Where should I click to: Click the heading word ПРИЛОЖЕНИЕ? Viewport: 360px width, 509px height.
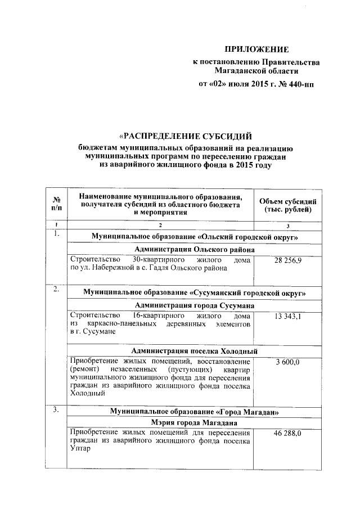point(256,49)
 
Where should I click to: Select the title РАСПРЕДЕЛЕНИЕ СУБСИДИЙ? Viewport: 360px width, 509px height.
point(185,136)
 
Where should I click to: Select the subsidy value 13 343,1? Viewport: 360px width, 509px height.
point(287,317)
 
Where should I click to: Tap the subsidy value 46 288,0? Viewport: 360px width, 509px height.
point(287,434)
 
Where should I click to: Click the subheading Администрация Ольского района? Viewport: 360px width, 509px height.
point(195,249)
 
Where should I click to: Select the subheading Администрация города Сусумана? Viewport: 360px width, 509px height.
point(195,305)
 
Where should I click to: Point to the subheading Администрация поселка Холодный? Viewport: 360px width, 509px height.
point(195,350)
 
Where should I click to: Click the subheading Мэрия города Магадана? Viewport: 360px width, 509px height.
point(195,422)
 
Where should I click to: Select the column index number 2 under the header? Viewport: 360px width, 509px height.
point(160,226)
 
